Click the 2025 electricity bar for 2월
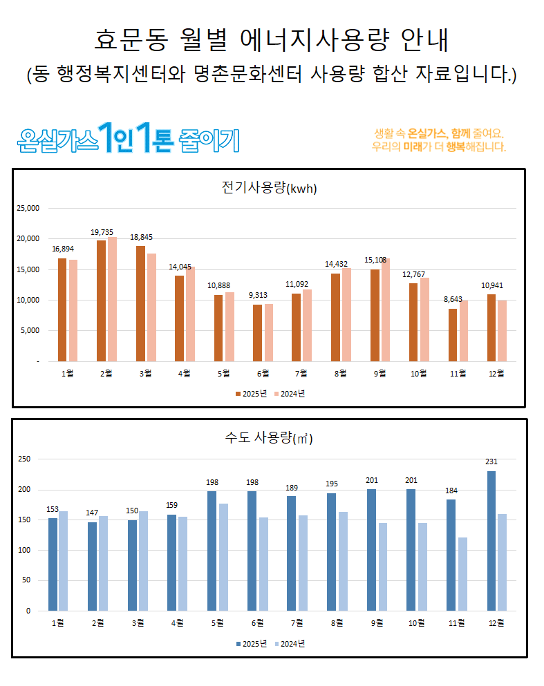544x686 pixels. point(101,301)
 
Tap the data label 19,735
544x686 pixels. point(102,232)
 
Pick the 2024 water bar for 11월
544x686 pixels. point(462,574)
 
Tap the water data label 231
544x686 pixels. point(491,462)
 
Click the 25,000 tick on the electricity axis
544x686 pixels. point(28,208)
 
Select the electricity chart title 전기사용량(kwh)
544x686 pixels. point(269,188)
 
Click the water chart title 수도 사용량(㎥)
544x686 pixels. point(269,438)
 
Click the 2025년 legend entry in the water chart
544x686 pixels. point(251,643)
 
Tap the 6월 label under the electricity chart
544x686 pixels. point(263,374)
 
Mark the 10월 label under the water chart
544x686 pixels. point(417,623)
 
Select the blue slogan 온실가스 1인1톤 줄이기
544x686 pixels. point(129,139)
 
